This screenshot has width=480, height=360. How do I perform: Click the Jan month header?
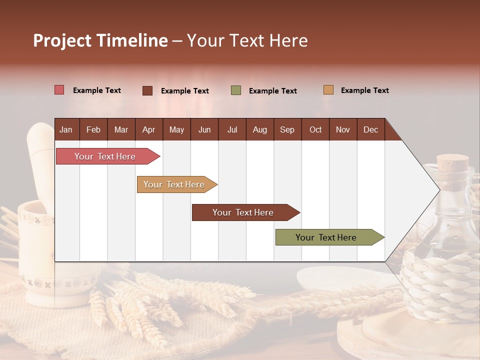point(66,129)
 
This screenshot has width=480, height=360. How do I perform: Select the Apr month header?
point(148,129)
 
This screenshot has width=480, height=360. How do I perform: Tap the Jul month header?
point(232,129)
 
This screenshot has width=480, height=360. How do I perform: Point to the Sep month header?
point(287,129)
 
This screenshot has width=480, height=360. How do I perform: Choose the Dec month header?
point(370,129)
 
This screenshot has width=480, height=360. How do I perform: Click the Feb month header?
point(93,129)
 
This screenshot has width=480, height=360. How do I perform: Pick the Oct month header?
point(315,129)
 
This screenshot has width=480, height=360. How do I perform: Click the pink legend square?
point(59,90)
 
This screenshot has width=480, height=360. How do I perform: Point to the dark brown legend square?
point(147,90)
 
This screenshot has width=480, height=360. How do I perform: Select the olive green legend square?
point(236,90)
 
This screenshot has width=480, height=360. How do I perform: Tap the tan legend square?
point(328,90)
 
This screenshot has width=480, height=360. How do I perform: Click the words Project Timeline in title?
point(100,40)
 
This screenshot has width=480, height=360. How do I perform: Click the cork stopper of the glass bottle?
point(453,162)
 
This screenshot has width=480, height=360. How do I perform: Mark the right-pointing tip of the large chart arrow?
point(439,189)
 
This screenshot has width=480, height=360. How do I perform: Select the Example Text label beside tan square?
point(364,90)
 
